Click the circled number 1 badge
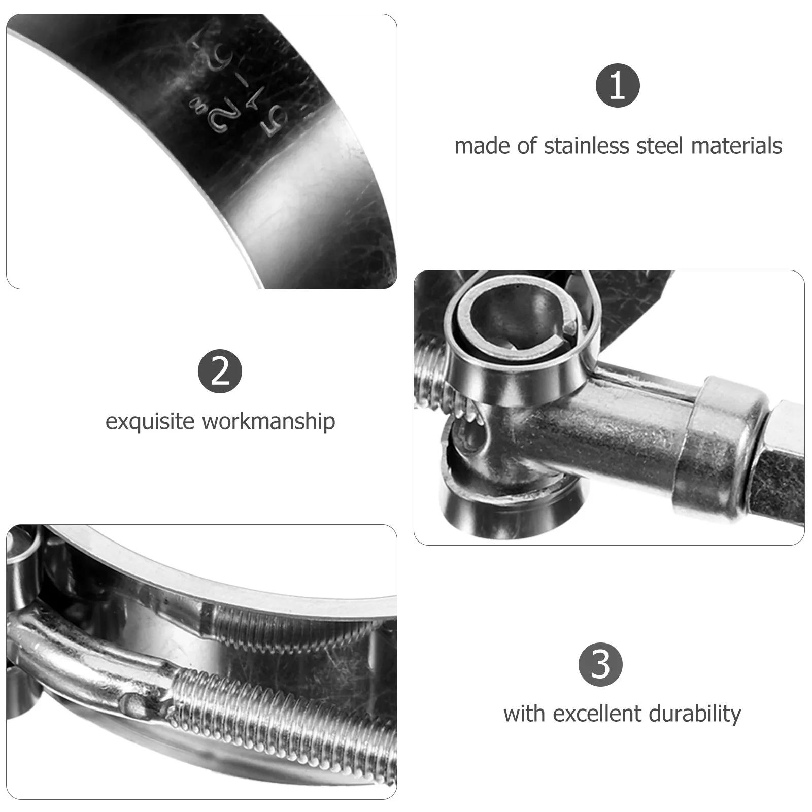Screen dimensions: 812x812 pos(617,85)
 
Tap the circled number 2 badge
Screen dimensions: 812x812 pos(220,371)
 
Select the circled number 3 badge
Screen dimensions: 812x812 pos(600,664)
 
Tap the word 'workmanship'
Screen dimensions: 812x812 pos(268,422)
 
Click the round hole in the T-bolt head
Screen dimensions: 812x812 pos(469,436)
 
